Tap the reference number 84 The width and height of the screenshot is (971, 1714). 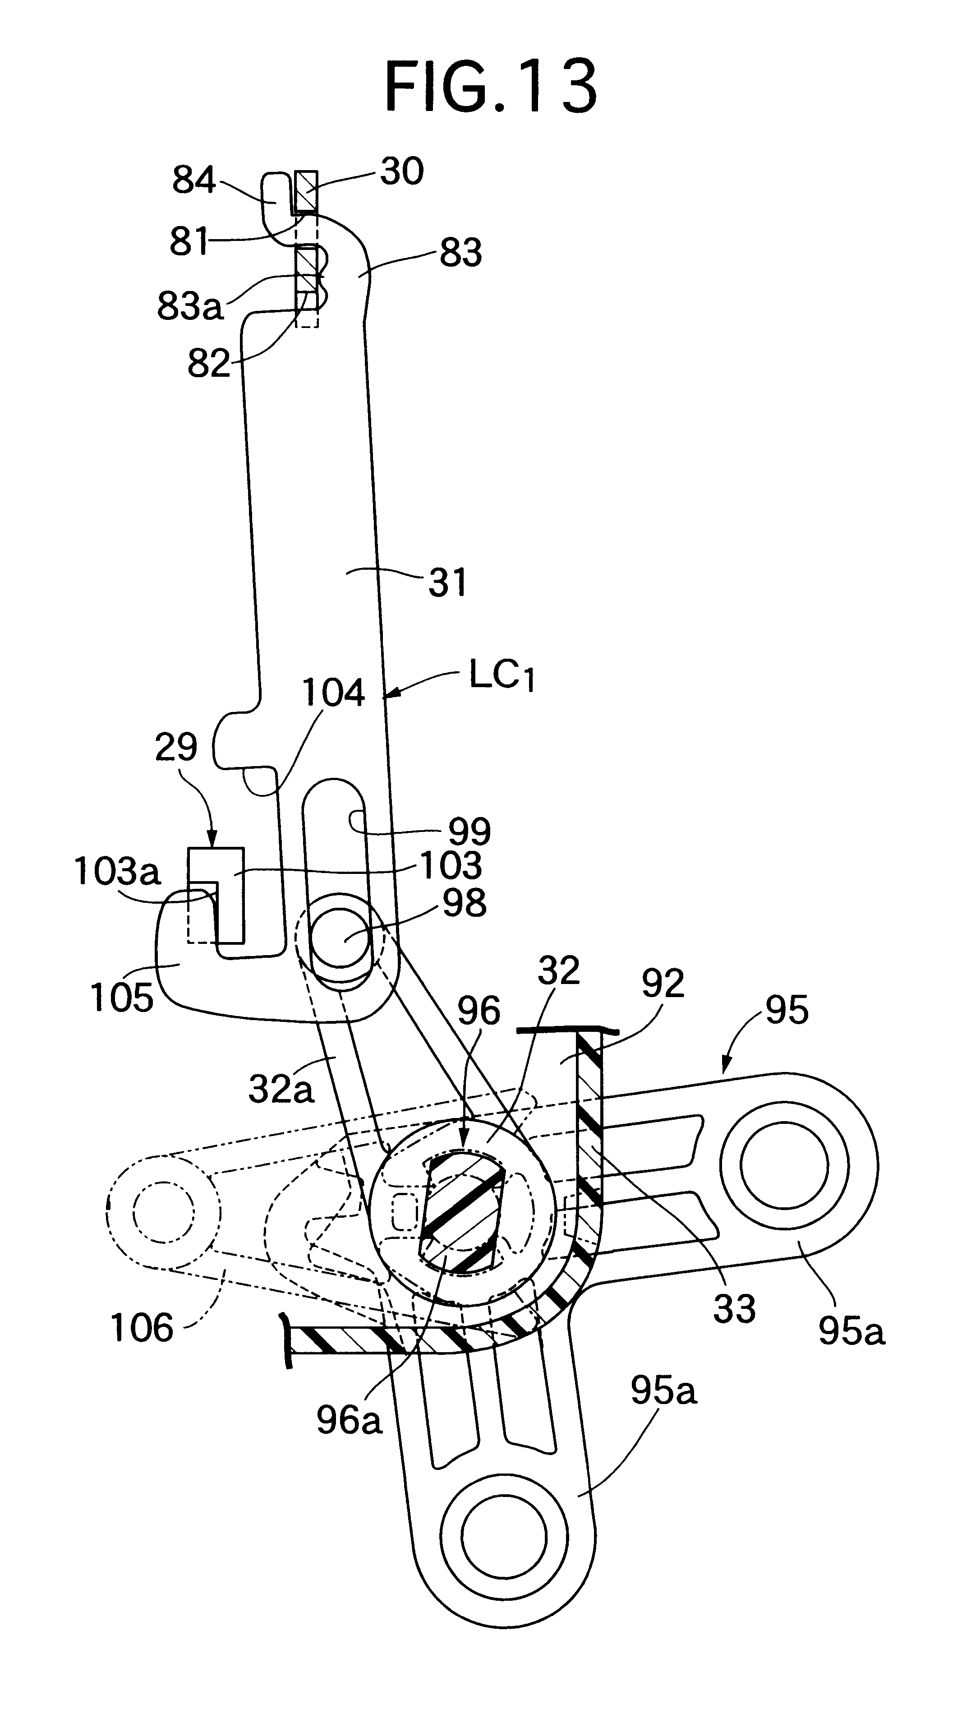coord(194,180)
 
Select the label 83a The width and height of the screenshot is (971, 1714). coord(190,306)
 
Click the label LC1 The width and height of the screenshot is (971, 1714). coord(502,676)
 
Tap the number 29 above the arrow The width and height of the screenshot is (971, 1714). coord(176,747)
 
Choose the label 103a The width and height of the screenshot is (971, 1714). coord(117,871)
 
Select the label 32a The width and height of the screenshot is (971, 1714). coord(281,1090)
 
